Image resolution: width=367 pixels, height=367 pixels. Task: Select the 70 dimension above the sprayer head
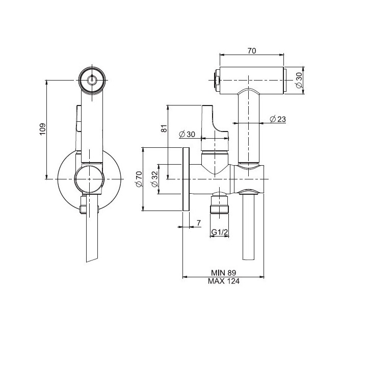(x=252, y=50)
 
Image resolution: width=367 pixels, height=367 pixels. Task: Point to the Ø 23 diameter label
(x=277, y=119)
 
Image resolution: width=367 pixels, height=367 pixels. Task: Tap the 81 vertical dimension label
(x=164, y=129)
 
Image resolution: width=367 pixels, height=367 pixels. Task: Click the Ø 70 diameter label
(x=139, y=179)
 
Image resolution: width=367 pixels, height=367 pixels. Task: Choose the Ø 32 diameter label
(x=154, y=179)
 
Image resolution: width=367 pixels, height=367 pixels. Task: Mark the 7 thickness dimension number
(x=199, y=223)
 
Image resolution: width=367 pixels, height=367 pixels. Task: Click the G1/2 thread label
(x=220, y=232)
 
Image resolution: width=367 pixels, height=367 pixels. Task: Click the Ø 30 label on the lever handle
(x=188, y=134)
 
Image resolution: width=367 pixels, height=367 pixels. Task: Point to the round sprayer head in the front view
(x=92, y=80)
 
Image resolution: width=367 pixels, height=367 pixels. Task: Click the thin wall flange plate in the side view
(x=186, y=179)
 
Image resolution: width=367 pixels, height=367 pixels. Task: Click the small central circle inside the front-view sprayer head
(x=92, y=80)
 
